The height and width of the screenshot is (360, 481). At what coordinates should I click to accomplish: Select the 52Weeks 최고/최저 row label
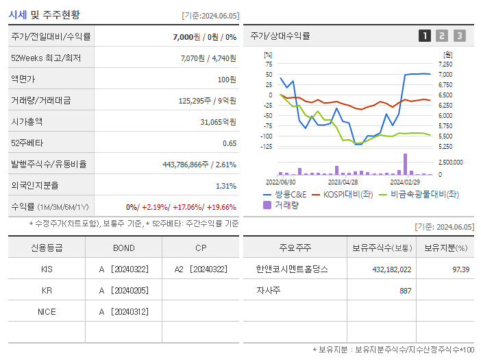46,58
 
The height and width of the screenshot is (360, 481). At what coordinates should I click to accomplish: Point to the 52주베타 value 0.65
230,143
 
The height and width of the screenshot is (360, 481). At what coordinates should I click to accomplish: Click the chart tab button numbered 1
425,36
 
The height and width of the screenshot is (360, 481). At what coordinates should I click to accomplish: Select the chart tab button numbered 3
459,36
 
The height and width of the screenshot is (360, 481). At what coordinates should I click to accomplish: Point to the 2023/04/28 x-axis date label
343,182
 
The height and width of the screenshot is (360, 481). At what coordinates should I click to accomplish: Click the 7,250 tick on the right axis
445,64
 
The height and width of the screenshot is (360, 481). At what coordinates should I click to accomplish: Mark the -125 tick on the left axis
267,146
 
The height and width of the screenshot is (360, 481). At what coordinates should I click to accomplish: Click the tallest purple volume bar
405,163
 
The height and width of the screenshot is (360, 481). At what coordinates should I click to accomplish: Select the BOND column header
123,248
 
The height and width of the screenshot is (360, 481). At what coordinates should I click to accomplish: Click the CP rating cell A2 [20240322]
201,269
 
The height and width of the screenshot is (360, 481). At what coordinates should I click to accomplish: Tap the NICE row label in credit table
47,311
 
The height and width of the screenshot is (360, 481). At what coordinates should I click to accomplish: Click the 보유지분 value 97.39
460,269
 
